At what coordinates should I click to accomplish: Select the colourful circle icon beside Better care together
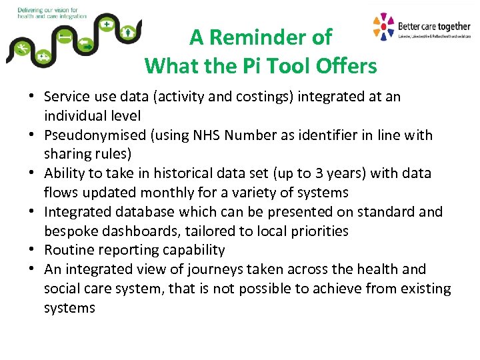[383, 27]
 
